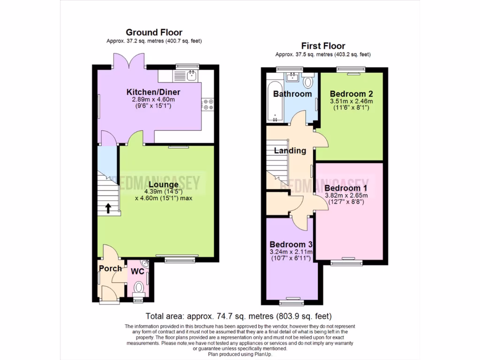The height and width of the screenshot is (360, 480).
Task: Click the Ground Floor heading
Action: point(154,32)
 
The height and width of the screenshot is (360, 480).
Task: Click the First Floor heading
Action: point(323,46)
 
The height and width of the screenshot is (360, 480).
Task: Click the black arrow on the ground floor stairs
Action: point(108,208)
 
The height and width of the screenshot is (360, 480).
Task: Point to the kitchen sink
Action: point(191,75)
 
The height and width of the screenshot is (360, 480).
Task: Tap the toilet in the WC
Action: point(139,287)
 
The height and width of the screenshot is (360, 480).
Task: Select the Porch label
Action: point(110,269)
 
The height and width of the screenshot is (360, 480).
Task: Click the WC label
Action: point(137,271)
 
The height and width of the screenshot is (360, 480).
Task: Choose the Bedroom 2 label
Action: point(351,93)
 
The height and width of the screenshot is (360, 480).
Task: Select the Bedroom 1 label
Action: point(346,187)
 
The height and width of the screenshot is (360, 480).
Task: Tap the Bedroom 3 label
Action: point(291,245)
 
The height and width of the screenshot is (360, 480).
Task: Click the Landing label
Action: point(290,151)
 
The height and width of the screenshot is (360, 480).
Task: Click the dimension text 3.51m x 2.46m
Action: point(351,101)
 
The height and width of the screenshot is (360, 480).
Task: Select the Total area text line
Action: point(239,316)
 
